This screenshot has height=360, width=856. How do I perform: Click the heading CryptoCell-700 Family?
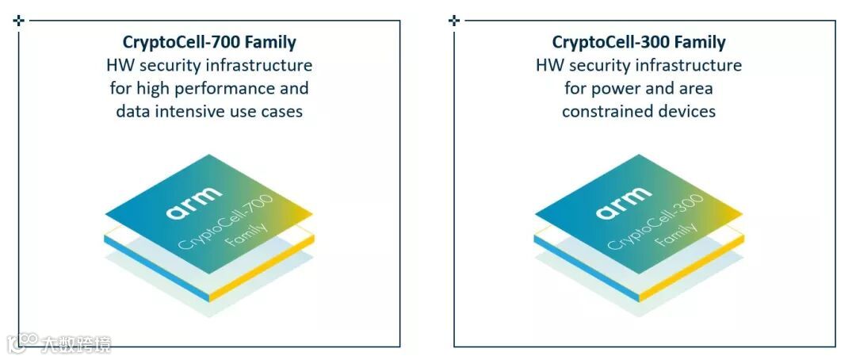(x=209, y=42)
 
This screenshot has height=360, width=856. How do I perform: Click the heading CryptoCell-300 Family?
(x=639, y=42)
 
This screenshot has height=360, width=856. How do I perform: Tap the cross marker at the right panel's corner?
(x=454, y=20)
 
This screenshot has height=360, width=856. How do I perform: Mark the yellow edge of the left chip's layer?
(x=262, y=268)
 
